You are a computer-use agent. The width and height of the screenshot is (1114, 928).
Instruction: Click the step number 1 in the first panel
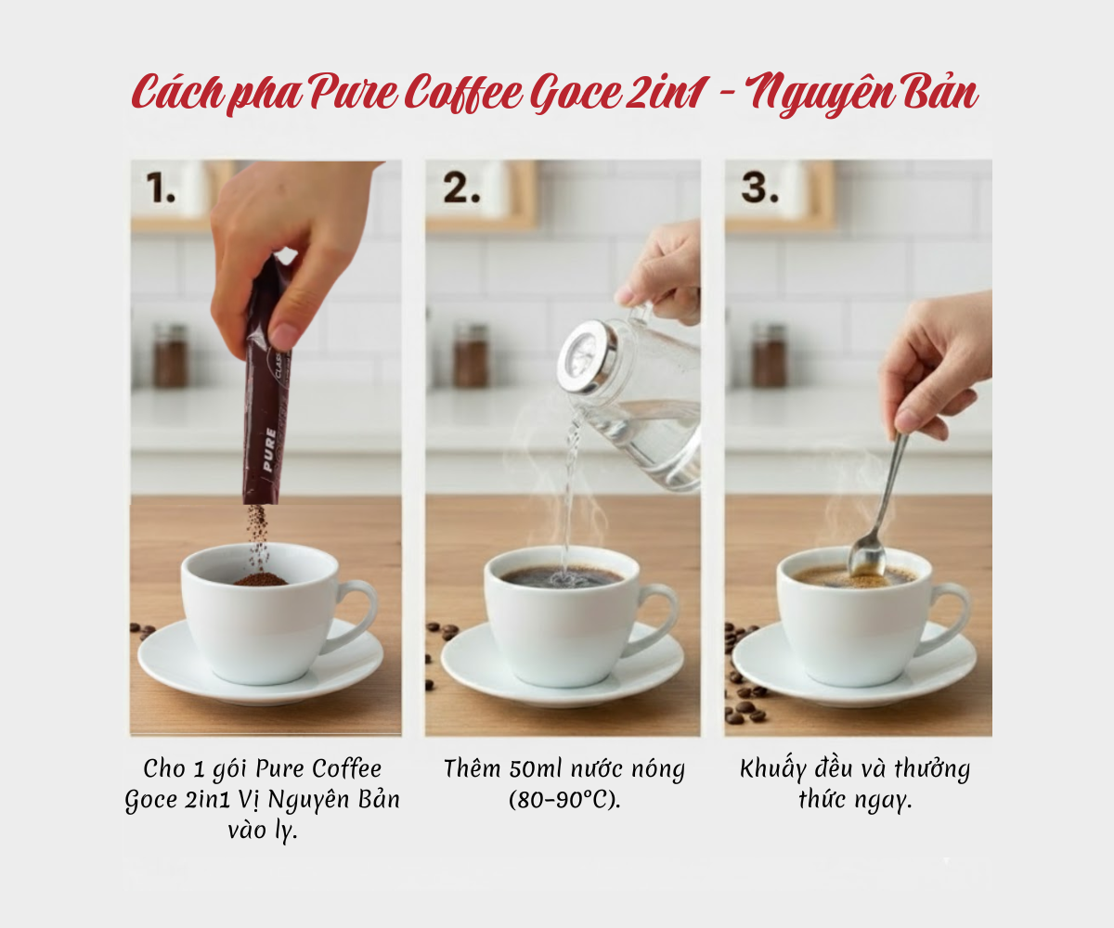tap(160, 188)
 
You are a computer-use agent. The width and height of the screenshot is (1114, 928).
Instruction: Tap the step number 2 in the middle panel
tap(461, 188)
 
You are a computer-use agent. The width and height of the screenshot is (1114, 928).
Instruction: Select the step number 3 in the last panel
tap(759, 188)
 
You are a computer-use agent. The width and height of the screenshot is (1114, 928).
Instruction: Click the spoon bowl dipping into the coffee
tap(865, 557)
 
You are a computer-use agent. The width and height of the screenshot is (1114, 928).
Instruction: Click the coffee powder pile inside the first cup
tap(260, 580)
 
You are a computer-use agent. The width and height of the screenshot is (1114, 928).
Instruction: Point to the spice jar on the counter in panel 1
tap(170, 354)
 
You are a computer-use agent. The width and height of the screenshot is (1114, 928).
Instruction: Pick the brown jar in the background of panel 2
tap(471, 354)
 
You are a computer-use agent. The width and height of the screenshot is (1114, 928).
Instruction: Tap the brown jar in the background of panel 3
tap(769, 354)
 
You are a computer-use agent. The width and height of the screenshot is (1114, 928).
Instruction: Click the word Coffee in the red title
tap(463, 94)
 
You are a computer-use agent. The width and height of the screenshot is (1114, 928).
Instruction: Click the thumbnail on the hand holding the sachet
tap(285, 337)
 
